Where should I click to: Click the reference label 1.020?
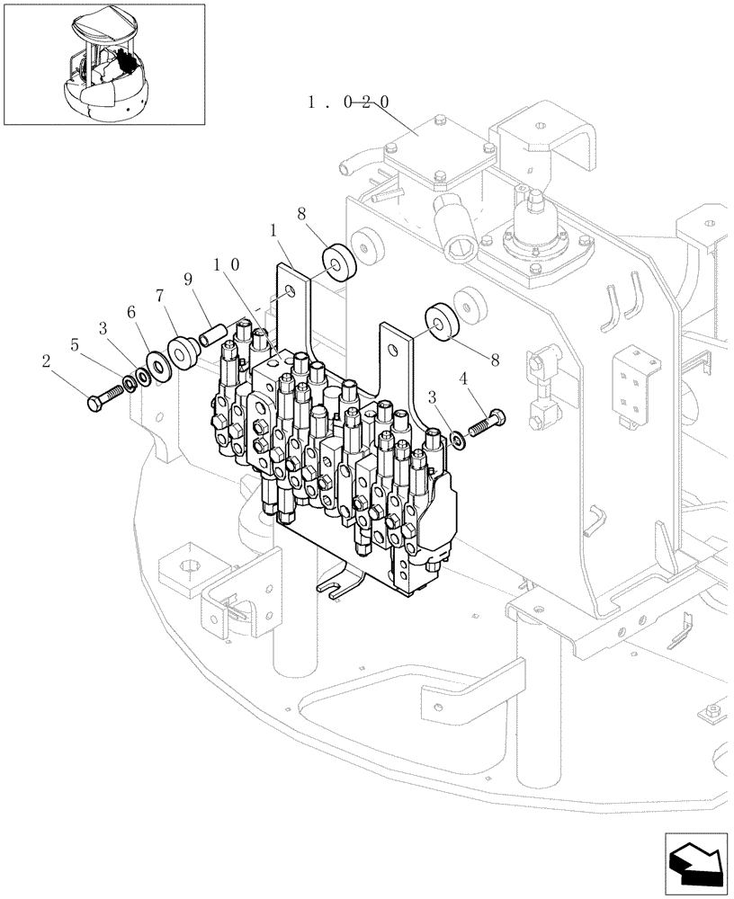[x=348, y=102]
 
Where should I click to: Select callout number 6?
[x=131, y=312]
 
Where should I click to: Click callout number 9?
[x=190, y=280]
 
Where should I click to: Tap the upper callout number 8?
[x=301, y=214]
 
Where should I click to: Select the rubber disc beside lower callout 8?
[x=443, y=322]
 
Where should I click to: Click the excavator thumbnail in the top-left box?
[x=103, y=65]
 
